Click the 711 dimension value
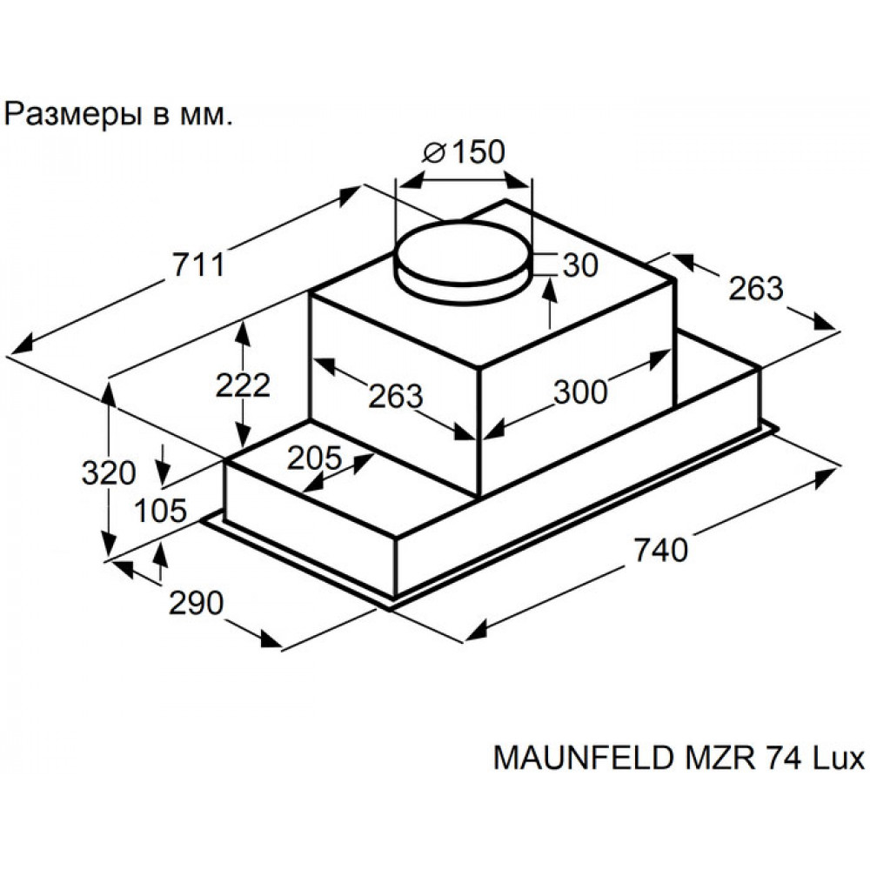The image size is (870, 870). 198,264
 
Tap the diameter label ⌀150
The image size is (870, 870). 464,152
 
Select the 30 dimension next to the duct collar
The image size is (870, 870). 581,265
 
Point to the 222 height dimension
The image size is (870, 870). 243,385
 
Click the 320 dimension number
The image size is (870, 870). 109,473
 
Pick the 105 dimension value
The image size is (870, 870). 161,511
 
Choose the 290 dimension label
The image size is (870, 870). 196,603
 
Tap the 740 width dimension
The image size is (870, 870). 660,551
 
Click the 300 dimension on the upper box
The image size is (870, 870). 581,392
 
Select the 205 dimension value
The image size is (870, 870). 315,458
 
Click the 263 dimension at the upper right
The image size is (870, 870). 756,289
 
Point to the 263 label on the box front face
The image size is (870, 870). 396,396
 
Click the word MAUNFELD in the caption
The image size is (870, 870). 584,758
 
